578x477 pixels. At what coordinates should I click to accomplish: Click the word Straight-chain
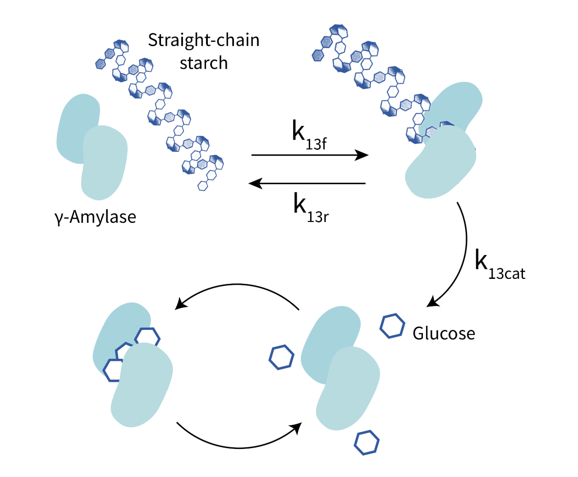(204, 41)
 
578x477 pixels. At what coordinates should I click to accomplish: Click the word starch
(204, 63)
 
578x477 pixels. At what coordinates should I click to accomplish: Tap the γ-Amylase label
(96, 217)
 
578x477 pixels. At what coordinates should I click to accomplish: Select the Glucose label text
(444, 333)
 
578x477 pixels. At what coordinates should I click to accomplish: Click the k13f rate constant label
(309, 135)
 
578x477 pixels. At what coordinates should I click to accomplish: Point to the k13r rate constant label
(311, 208)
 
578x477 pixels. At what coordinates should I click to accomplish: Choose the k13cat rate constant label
(500, 264)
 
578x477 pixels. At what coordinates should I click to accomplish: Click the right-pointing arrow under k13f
(310, 155)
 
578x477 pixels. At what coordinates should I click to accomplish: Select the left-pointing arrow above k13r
(307, 183)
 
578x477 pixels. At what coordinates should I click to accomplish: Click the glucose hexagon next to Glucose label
(392, 326)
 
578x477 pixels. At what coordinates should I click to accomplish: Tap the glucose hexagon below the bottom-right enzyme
(367, 443)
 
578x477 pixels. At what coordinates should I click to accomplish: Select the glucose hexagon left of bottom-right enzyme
(281, 357)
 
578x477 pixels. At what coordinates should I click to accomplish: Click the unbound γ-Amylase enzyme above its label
(92, 147)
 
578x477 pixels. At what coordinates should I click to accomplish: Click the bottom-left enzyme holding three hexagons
(133, 365)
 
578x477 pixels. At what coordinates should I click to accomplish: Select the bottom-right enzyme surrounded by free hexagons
(340, 368)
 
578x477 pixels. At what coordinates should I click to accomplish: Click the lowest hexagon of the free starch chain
(202, 185)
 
